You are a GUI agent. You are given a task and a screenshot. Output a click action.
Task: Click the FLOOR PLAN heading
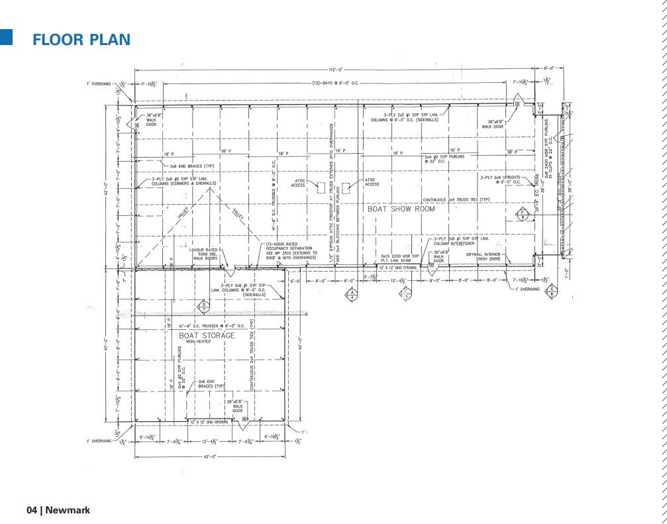tap(81, 39)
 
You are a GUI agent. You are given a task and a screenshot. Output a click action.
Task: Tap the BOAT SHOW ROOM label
tap(401, 209)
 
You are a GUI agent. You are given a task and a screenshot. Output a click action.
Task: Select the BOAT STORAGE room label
tap(207, 335)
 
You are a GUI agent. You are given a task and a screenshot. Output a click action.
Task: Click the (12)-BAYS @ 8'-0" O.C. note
tap(334, 85)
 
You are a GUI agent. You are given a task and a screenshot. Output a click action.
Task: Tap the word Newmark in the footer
tap(68, 510)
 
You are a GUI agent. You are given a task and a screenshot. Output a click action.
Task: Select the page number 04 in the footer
tap(32, 510)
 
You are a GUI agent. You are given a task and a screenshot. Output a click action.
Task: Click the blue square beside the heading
tap(7, 37)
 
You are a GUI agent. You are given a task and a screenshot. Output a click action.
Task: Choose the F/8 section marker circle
tap(522, 214)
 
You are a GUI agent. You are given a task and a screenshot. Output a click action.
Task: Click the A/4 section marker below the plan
tap(352, 295)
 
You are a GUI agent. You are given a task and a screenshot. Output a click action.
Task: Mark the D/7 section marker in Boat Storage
tap(205, 307)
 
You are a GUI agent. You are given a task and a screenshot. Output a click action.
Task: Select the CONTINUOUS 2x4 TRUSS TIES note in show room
tap(456, 199)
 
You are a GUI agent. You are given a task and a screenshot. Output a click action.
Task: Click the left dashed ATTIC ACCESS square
tap(320, 187)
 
